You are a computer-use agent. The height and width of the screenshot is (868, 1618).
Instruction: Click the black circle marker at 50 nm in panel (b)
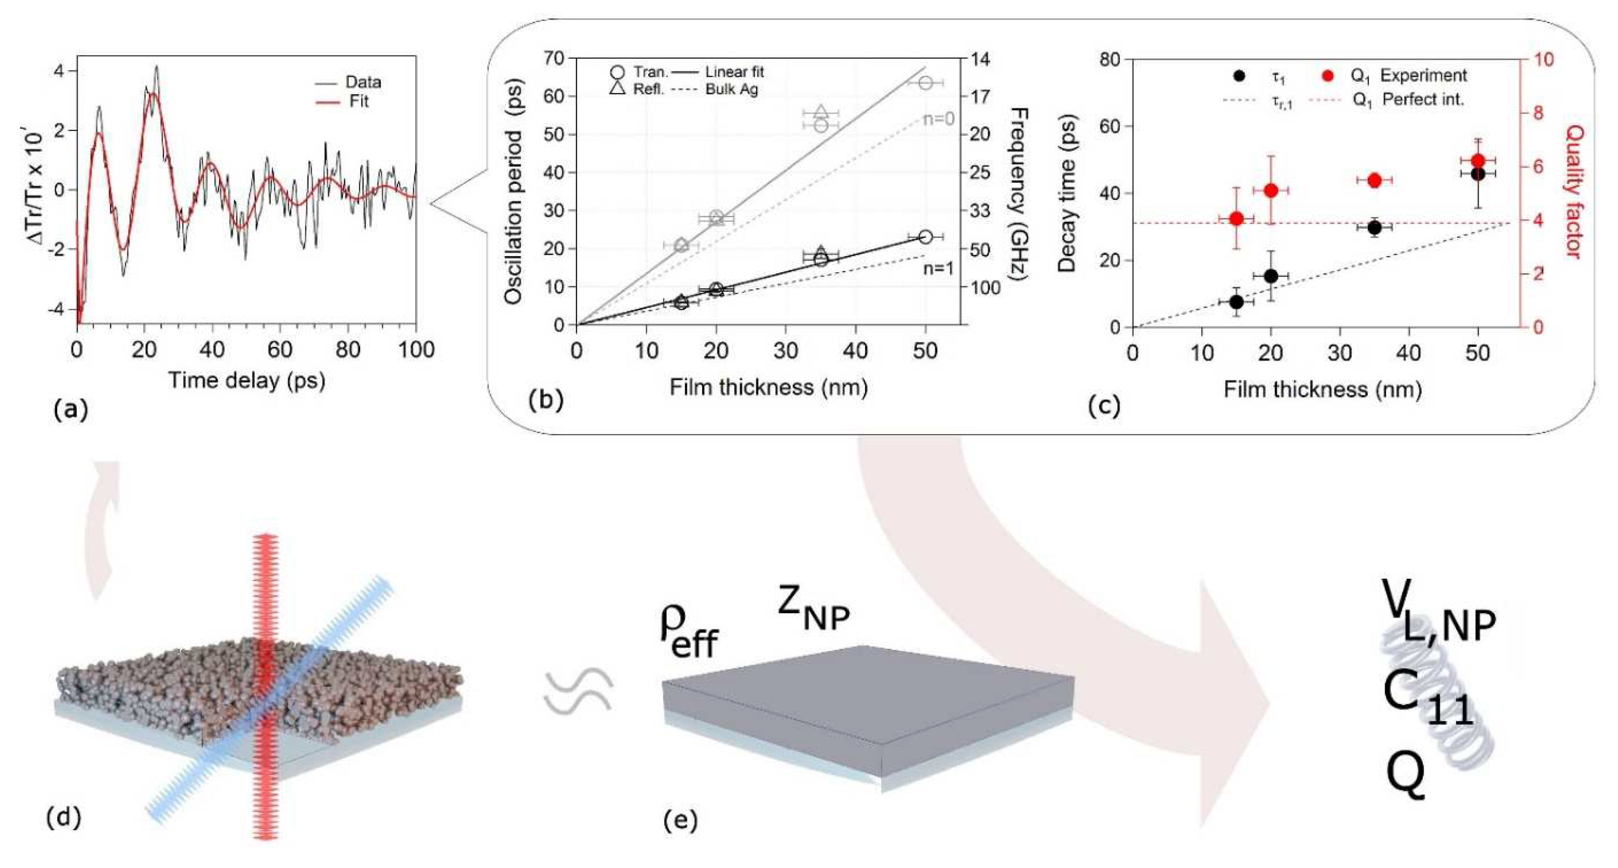pos(925,237)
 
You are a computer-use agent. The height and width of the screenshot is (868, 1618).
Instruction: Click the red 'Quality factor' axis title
pos(1573,192)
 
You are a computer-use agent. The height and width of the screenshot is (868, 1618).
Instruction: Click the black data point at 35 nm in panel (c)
pos(1374,228)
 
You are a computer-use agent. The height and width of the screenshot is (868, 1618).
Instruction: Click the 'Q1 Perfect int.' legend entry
pos(1408,100)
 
